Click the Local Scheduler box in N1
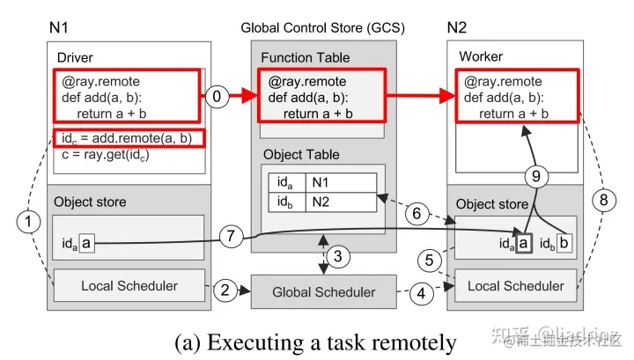pyautogui.click(x=129, y=285)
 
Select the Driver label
pyautogui.click(x=75, y=58)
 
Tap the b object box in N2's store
pyautogui.click(x=564, y=242)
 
